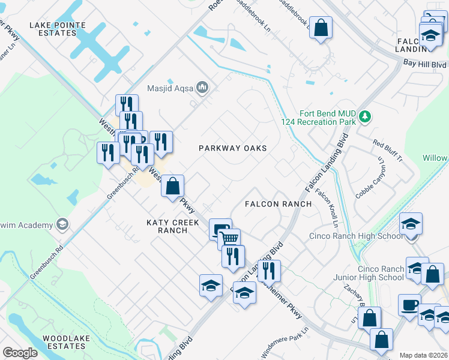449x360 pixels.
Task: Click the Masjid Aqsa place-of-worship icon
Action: pos(202,88)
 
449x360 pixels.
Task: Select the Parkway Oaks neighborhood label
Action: pos(233,148)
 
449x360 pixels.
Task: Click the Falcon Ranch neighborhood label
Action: pos(278,204)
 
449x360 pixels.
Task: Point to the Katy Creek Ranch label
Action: pos(172,226)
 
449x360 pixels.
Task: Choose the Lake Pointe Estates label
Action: pos(58,29)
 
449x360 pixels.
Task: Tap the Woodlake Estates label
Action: pos(66,342)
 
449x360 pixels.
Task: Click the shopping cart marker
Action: pos(229,238)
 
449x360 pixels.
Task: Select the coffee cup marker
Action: pos(409,304)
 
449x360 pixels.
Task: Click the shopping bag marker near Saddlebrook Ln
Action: pos(321,27)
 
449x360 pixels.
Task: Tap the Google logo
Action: pos(20,353)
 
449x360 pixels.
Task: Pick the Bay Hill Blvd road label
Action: pos(425,64)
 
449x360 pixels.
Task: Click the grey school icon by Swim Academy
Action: pos(61,225)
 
